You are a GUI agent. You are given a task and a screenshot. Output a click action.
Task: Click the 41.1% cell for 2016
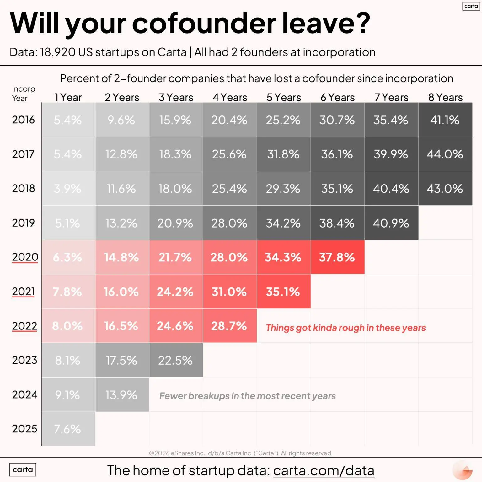coord(445,120)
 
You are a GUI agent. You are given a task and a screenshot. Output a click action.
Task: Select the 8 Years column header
coord(445,98)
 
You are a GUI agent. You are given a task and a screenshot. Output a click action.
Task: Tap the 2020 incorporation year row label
coord(25,257)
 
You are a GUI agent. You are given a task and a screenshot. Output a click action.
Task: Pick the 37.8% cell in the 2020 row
coord(337,257)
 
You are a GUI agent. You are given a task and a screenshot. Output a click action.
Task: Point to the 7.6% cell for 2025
coord(67,429)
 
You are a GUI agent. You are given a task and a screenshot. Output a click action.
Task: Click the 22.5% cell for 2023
coord(175,361)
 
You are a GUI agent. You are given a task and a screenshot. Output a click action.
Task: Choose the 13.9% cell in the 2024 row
coord(121,395)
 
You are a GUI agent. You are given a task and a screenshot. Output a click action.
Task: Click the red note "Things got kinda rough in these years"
coord(346,328)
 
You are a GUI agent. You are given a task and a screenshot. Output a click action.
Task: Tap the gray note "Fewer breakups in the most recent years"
coord(247,396)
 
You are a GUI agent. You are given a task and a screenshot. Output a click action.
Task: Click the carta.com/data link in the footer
coord(324,470)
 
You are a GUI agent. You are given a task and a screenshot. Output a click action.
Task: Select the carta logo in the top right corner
coord(471,6)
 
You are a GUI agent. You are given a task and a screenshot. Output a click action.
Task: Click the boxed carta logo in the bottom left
coord(23,469)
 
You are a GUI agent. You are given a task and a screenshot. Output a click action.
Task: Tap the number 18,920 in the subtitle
coord(58,52)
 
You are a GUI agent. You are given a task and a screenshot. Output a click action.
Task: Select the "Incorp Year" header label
coord(23,94)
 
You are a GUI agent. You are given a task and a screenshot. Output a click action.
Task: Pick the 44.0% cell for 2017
coord(445,154)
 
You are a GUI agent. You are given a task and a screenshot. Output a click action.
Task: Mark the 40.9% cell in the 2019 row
coord(391,223)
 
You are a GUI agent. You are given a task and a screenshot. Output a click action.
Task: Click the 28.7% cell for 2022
coord(229,326)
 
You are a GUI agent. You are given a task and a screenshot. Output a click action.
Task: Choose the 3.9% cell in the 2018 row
coord(67,189)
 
